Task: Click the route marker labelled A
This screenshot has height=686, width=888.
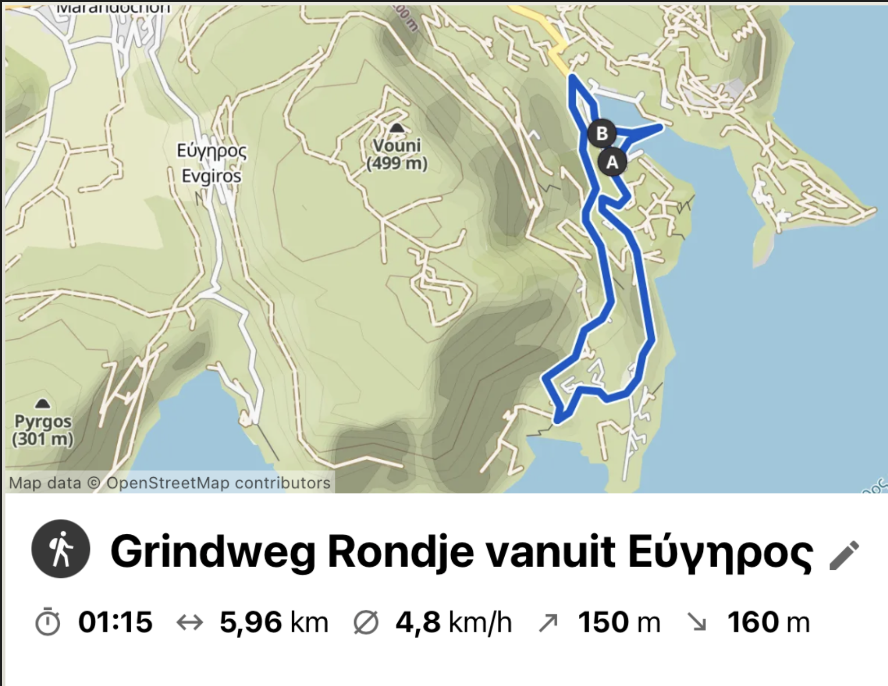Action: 612,163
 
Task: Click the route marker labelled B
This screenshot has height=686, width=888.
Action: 602,134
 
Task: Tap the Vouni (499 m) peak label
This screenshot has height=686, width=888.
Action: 397,154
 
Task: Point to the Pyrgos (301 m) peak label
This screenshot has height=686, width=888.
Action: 43,430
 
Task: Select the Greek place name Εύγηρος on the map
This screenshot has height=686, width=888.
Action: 211,151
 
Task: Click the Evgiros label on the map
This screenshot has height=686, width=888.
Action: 211,176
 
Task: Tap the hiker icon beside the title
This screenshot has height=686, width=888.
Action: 61,549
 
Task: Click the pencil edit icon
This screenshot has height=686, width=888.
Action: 844,555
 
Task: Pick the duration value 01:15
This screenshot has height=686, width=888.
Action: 115,622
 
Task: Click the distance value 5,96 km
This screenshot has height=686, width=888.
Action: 274,622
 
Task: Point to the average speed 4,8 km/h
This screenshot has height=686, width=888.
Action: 453,622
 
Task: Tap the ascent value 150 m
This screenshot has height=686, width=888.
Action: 619,622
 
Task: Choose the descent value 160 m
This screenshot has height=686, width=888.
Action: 769,622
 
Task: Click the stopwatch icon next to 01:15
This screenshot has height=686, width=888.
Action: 48,622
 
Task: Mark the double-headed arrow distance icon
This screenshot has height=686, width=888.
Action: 189,623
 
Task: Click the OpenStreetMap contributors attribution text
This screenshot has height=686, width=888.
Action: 218,483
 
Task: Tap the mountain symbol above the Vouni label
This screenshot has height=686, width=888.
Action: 396,128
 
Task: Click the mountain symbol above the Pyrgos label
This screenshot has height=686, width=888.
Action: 43,403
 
